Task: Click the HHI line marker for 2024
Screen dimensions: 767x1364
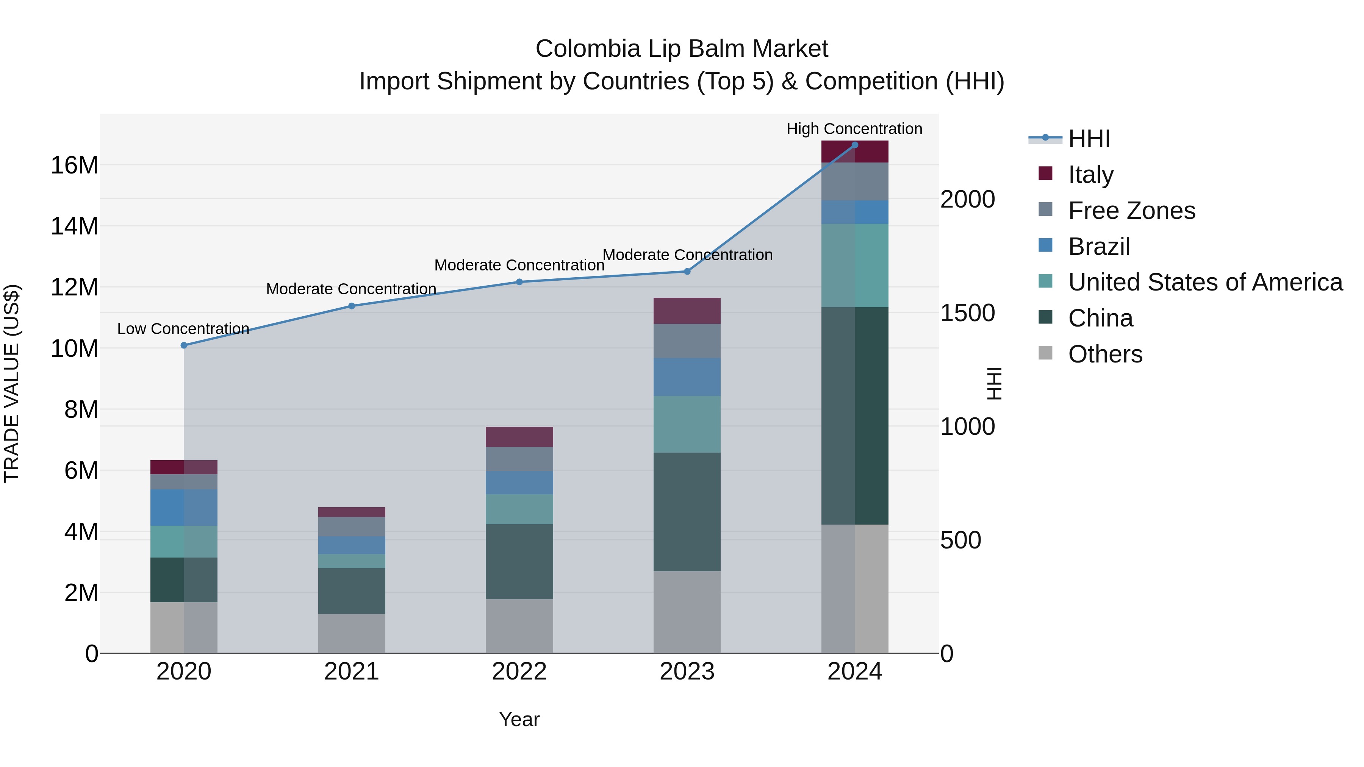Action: point(855,145)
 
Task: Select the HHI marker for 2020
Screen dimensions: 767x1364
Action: point(184,345)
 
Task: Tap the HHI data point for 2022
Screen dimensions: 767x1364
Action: point(519,282)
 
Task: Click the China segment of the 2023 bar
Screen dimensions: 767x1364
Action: point(687,511)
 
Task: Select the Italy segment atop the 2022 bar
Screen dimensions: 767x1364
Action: point(519,437)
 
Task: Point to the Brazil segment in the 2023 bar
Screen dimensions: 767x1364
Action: point(687,377)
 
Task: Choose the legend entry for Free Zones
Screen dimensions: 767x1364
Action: point(1131,211)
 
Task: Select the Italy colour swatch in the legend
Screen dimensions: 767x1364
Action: point(1045,173)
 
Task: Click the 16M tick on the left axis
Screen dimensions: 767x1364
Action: point(74,165)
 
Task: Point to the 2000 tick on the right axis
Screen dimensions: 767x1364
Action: point(967,200)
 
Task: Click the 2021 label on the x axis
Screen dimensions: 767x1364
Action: point(352,672)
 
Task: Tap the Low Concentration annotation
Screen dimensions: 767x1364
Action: point(183,329)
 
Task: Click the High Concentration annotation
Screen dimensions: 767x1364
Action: point(854,129)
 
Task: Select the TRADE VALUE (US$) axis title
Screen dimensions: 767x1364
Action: point(12,383)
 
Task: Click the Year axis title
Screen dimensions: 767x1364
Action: point(519,719)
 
